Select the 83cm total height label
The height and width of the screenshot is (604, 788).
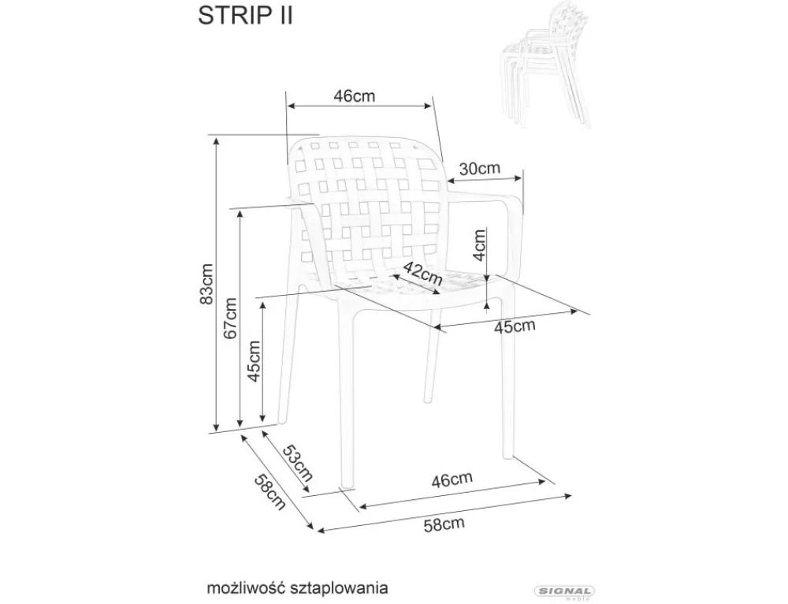pyautogui.click(x=206, y=284)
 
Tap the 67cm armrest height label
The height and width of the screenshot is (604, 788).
pyautogui.click(x=231, y=317)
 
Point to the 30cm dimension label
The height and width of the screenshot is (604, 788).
pyautogui.click(x=480, y=168)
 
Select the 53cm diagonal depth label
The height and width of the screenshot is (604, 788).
pyautogui.click(x=298, y=464)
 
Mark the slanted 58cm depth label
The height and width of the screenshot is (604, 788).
pyautogui.click(x=269, y=491)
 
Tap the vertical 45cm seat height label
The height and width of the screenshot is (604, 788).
pyautogui.click(x=255, y=360)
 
